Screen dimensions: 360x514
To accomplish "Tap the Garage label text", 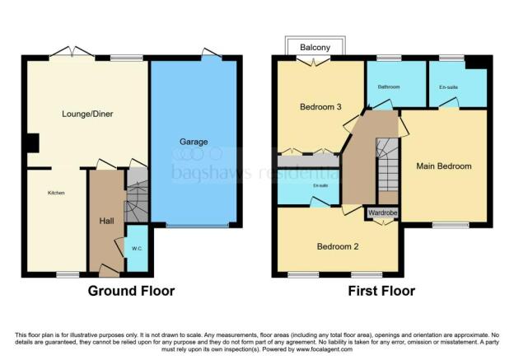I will (194, 142).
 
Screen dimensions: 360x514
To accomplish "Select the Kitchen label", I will (55, 193).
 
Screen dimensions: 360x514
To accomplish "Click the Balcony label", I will (315, 47).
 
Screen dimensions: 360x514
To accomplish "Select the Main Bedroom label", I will (444, 166).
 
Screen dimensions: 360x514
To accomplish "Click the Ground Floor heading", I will (131, 291).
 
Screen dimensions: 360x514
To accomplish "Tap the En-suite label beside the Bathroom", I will (448, 87).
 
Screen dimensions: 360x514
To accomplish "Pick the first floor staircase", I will (386, 165).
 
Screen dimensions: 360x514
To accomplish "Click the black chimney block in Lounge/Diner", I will (30, 143).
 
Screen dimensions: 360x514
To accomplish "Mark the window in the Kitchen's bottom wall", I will (68, 274).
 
